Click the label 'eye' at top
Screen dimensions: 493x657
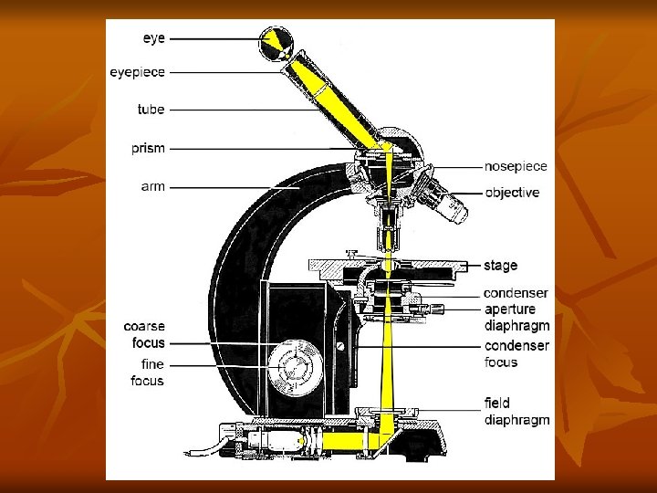tap(152, 38)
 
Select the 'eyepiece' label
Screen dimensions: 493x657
tap(137, 71)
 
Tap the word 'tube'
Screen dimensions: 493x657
tap(151, 110)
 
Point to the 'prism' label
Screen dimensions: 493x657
tap(147, 148)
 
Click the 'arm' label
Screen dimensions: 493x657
tap(152, 186)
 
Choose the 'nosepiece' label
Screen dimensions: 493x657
tap(516, 166)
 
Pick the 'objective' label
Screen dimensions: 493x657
tap(512, 193)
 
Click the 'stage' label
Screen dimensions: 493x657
tap(501, 266)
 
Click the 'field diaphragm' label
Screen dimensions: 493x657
tap(516, 412)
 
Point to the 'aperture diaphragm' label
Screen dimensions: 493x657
tap(516, 318)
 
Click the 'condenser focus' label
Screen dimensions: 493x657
tap(516, 354)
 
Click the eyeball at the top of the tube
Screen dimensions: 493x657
tap(278, 44)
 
